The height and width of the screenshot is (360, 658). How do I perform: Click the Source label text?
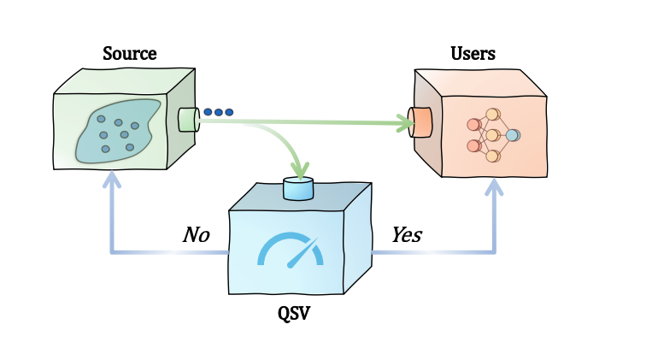pos(129,54)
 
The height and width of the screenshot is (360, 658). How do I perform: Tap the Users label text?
pos(473,54)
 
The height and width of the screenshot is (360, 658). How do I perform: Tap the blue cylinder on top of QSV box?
pos(298,188)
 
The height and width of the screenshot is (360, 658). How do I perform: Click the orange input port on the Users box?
pos(420,122)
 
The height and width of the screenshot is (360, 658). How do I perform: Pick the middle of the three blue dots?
pos(218,112)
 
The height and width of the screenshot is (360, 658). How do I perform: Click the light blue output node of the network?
pos(512,135)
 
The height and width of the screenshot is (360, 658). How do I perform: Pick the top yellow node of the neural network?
pos(492,115)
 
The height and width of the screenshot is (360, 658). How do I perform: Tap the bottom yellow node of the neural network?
pos(492,156)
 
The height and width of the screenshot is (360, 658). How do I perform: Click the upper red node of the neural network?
pos(473,125)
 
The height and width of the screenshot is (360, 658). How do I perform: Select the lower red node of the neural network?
pos(473,145)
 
